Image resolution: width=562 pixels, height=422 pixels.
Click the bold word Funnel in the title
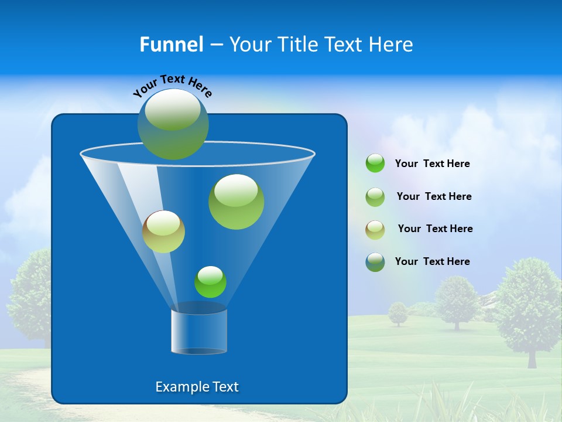point(171,44)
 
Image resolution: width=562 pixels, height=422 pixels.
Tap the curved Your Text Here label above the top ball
point(173,86)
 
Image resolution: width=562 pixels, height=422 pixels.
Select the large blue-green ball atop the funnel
point(173,124)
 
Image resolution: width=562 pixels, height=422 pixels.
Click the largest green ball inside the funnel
point(236,202)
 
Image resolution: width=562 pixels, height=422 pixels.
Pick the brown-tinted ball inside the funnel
point(164,232)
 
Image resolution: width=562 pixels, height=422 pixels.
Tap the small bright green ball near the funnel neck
point(210,282)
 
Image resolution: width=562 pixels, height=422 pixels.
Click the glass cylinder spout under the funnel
point(199,331)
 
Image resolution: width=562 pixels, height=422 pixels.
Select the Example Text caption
point(197,387)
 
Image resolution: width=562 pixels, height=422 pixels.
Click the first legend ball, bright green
point(375,164)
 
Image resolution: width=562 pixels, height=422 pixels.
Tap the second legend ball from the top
point(375,197)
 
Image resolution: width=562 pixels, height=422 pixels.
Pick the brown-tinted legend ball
point(375,229)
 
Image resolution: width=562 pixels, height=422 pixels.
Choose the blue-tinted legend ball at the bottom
point(375,262)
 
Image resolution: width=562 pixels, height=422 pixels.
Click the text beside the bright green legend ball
point(432,164)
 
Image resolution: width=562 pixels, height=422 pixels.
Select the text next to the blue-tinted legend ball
point(432,261)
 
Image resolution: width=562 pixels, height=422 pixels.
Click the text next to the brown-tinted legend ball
point(435,229)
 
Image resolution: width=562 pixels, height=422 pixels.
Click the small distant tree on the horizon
point(399,313)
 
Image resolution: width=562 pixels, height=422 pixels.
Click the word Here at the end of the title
point(392,44)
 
